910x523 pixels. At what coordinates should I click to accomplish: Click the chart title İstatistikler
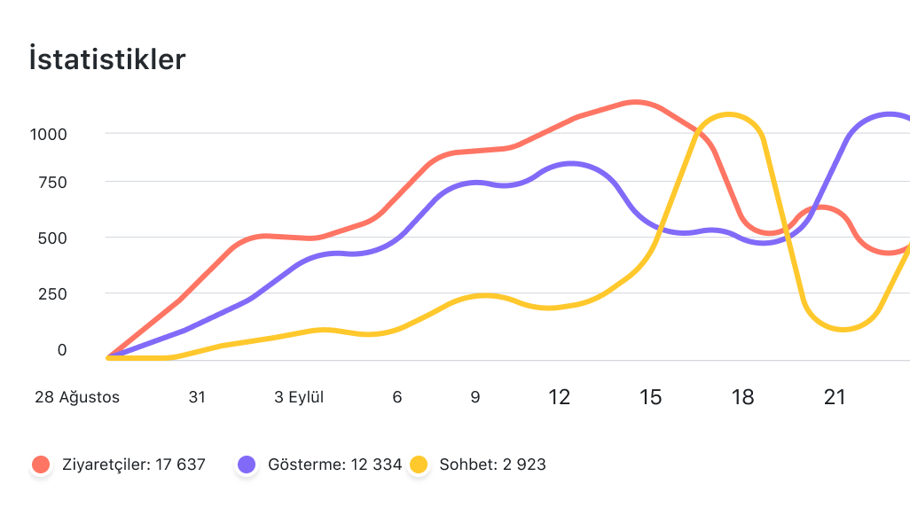coord(107,59)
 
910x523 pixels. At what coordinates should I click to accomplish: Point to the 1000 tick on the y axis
coord(50,134)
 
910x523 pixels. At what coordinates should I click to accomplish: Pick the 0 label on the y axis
coord(62,350)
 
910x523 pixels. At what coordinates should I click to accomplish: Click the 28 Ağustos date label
coord(77,397)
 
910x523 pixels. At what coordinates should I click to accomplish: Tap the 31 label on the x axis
coord(197,397)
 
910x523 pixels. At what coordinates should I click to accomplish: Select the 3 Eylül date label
coord(299,397)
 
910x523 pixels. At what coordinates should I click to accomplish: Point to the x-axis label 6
coord(397,397)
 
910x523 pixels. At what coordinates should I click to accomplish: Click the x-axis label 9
coord(475,397)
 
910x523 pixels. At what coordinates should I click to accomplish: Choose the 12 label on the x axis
coord(559,397)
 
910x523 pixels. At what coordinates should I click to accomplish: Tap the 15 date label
coord(650,397)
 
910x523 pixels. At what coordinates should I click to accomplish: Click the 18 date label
coord(742,397)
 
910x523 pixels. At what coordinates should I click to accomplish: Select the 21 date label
coord(835,397)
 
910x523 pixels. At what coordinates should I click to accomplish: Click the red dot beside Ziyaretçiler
coord(41,464)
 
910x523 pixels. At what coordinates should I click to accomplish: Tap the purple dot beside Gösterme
coord(247,464)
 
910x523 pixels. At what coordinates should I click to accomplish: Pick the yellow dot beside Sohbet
coord(419,464)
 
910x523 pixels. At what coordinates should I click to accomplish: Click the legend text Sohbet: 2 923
coord(492,464)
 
